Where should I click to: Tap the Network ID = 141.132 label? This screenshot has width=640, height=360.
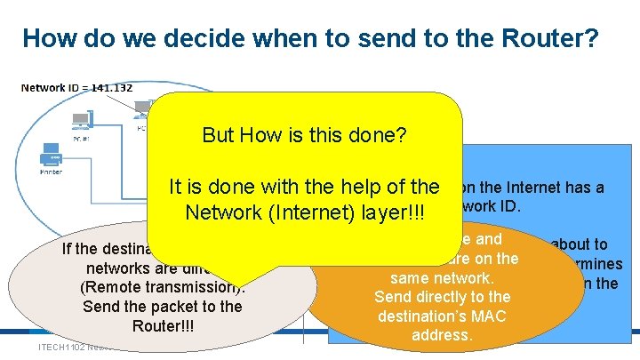[x=77, y=87]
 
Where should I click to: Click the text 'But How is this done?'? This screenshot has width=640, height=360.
[x=305, y=135]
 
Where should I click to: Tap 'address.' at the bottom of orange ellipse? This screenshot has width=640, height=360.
[x=442, y=335]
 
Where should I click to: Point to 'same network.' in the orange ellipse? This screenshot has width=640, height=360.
[x=442, y=277]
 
